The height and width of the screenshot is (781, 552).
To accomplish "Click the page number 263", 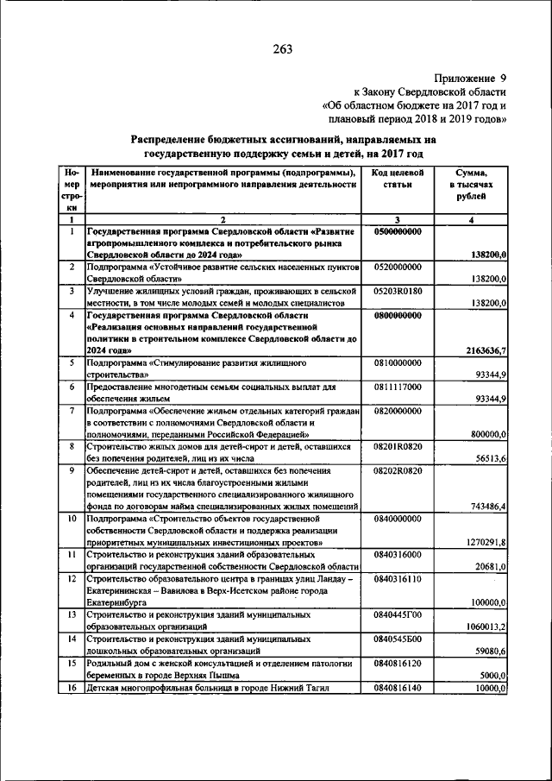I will tap(283, 49).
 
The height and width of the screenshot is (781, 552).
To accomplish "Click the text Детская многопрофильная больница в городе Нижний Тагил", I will tap(208, 687).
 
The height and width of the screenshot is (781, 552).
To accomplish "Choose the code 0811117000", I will tap(398, 387).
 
